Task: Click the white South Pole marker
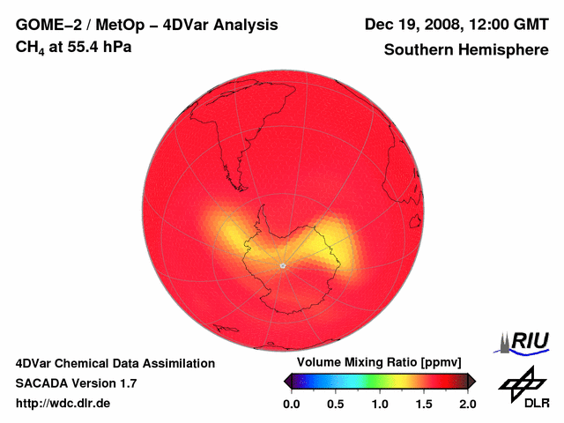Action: (x=282, y=265)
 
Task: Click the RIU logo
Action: (x=525, y=340)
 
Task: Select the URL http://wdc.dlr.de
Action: (x=63, y=404)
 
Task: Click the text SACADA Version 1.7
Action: (x=76, y=383)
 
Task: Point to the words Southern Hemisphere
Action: (x=466, y=50)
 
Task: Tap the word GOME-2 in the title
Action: (x=45, y=26)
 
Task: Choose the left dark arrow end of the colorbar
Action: (x=288, y=381)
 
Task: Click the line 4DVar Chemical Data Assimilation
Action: (x=115, y=363)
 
